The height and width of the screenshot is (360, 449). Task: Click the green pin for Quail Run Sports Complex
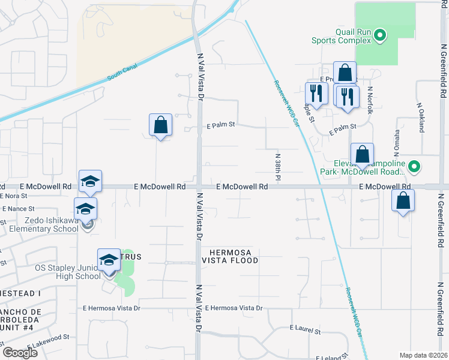[379, 37]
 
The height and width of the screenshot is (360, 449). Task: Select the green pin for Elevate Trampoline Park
[414, 166]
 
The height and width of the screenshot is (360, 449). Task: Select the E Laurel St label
[305, 329]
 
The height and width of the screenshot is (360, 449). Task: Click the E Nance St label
[19, 209]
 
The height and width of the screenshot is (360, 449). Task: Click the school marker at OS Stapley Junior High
[109, 260]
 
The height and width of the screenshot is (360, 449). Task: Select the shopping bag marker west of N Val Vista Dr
[160, 125]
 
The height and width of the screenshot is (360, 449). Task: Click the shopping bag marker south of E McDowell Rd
[403, 201]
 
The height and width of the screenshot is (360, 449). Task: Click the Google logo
[20, 353]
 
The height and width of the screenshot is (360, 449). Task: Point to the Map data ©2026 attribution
[423, 355]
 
